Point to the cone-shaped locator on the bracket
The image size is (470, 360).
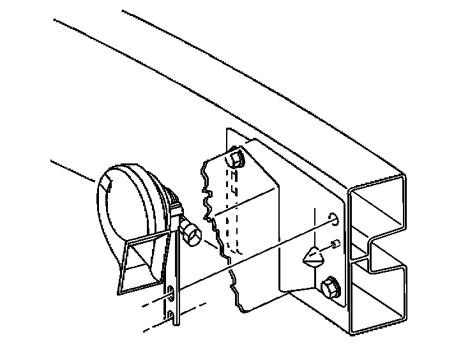[312, 257]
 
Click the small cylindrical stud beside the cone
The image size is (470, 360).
[334, 244]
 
